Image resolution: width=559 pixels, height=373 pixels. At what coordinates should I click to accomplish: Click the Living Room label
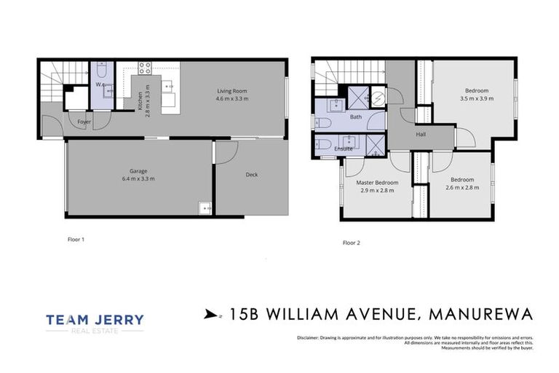pyautogui.click(x=232, y=91)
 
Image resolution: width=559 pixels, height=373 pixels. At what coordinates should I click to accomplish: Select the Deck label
pyautogui.click(x=252, y=174)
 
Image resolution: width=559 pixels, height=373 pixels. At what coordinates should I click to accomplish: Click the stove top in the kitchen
pyautogui.click(x=145, y=68)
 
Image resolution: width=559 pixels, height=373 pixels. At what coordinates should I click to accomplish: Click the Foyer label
pyautogui.click(x=84, y=122)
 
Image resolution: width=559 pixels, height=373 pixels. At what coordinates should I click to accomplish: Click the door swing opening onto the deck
pyautogui.click(x=224, y=152)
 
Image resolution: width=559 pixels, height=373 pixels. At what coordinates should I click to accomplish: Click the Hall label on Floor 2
pyautogui.click(x=421, y=134)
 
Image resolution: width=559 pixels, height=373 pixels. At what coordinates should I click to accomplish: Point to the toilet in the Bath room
pyautogui.click(x=325, y=121)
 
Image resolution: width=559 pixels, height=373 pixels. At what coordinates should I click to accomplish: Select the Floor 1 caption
pyautogui.click(x=76, y=237)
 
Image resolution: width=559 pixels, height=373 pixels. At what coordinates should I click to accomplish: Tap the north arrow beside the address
pyautogui.click(x=211, y=315)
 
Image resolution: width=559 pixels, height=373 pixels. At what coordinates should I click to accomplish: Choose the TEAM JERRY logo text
pyautogui.click(x=95, y=319)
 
